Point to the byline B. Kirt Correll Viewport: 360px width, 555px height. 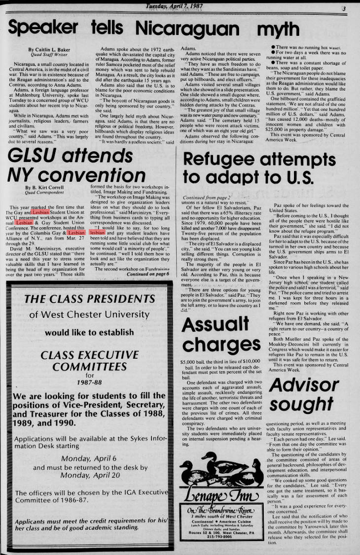[x=46, y=188]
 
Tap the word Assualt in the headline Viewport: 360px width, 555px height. [x=216, y=325]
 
